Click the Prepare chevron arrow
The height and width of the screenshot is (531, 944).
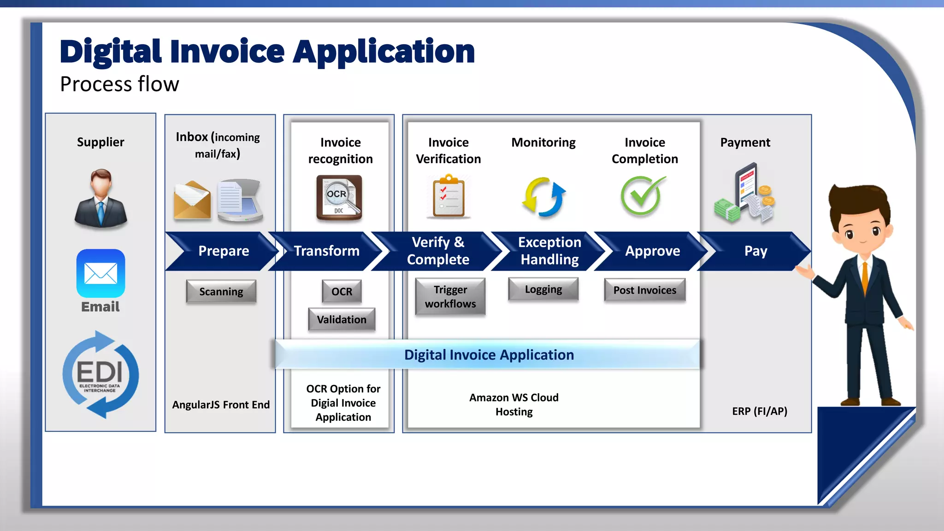point(223,251)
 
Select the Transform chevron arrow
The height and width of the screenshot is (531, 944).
point(326,251)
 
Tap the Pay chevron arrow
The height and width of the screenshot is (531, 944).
point(755,251)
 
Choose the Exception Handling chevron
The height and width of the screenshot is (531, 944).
point(549,251)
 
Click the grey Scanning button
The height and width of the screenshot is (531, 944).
point(221,291)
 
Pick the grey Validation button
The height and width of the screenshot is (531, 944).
point(342,319)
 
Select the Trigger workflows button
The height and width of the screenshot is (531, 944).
point(450,296)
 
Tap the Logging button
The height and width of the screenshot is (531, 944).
point(543,289)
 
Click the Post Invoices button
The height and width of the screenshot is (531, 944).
point(644,290)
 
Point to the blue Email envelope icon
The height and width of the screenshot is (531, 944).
point(100,273)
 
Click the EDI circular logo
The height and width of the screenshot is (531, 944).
point(100,374)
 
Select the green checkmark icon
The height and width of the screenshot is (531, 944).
point(642,196)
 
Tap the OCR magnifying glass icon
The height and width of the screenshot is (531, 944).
point(339,197)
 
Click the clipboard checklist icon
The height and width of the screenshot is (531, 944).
point(448,196)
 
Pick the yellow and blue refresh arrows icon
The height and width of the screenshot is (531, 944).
point(543,197)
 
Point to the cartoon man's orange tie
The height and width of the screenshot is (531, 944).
point(865,279)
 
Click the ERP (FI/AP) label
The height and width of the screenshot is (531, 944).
point(759,411)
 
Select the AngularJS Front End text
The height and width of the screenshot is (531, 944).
point(221,405)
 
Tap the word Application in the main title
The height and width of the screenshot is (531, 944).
point(383,52)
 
